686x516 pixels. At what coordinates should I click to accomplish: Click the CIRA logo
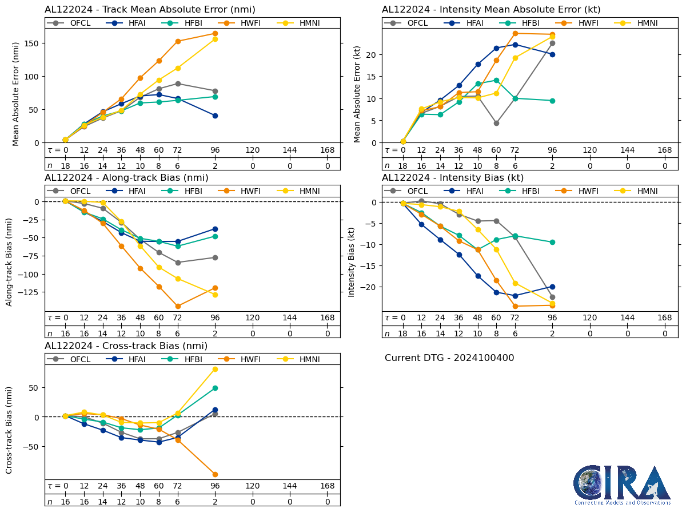pyautogui.click(x=622, y=485)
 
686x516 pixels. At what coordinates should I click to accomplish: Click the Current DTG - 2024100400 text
pyautogui.click(x=449, y=358)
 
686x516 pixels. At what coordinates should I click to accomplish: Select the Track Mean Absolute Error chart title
pyautogui.click(x=150, y=9)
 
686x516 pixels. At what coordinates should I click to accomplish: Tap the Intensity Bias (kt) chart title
pyautogui.click(x=453, y=177)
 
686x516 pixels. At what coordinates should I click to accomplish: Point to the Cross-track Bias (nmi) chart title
pyautogui.click(x=126, y=346)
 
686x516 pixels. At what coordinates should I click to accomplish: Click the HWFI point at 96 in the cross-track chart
pyautogui.click(x=215, y=474)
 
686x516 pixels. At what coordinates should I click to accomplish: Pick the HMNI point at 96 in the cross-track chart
pyautogui.click(x=215, y=369)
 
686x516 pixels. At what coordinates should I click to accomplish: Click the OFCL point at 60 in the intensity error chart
pyautogui.click(x=496, y=123)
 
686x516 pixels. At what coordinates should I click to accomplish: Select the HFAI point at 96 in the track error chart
pyautogui.click(x=215, y=116)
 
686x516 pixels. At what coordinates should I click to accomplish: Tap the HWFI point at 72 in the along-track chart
pyautogui.click(x=178, y=306)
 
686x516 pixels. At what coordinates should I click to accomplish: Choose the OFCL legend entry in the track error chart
pyautogui.click(x=73, y=23)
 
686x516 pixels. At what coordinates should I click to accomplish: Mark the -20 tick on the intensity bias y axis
pyautogui.click(x=369, y=287)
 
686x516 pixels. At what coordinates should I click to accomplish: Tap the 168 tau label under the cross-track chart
pyautogui.click(x=327, y=486)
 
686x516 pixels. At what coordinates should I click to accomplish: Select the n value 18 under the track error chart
pyautogui.click(x=65, y=165)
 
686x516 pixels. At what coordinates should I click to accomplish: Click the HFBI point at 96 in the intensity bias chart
pyautogui.click(x=552, y=242)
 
